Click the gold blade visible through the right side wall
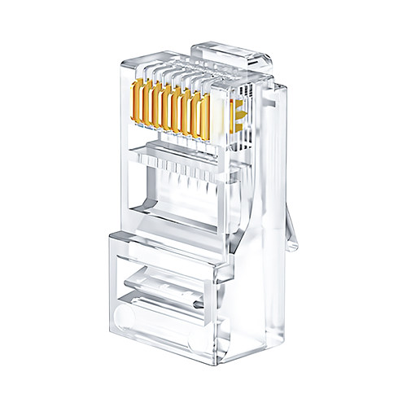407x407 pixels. point(237,114)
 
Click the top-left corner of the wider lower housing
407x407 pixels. point(110,234)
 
